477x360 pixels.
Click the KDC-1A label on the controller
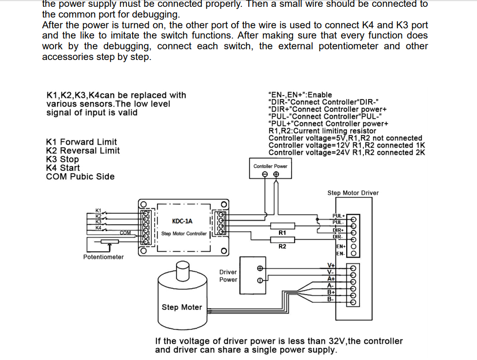[x=182, y=221]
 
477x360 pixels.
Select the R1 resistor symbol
[x=282, y=226]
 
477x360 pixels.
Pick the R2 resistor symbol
[x=282, y=240]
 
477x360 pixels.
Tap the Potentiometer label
[x=103, y=257]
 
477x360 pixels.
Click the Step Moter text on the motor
[x=182, y=307]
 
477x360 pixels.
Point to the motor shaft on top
[x=182, y=270]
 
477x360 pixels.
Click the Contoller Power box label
[x=270, y=166]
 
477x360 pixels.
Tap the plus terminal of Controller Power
[x=276, y=174]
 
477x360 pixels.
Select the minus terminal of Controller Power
[x=265, y=174]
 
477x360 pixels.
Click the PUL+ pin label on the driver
[x=339, y=216]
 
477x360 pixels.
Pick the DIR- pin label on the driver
[x=338, y=237]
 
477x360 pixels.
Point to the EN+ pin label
[x=341, y=246]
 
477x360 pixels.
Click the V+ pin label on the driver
[x=331, y=265]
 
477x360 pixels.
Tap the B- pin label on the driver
[x=331, y=300]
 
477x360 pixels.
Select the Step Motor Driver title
[x=353, y=193]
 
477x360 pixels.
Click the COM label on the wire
[x=125, y=233]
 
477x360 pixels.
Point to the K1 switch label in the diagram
[x=98, y=210]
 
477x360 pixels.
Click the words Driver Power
[x=228, y=276]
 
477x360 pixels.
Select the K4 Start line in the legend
[x=63, y=168]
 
